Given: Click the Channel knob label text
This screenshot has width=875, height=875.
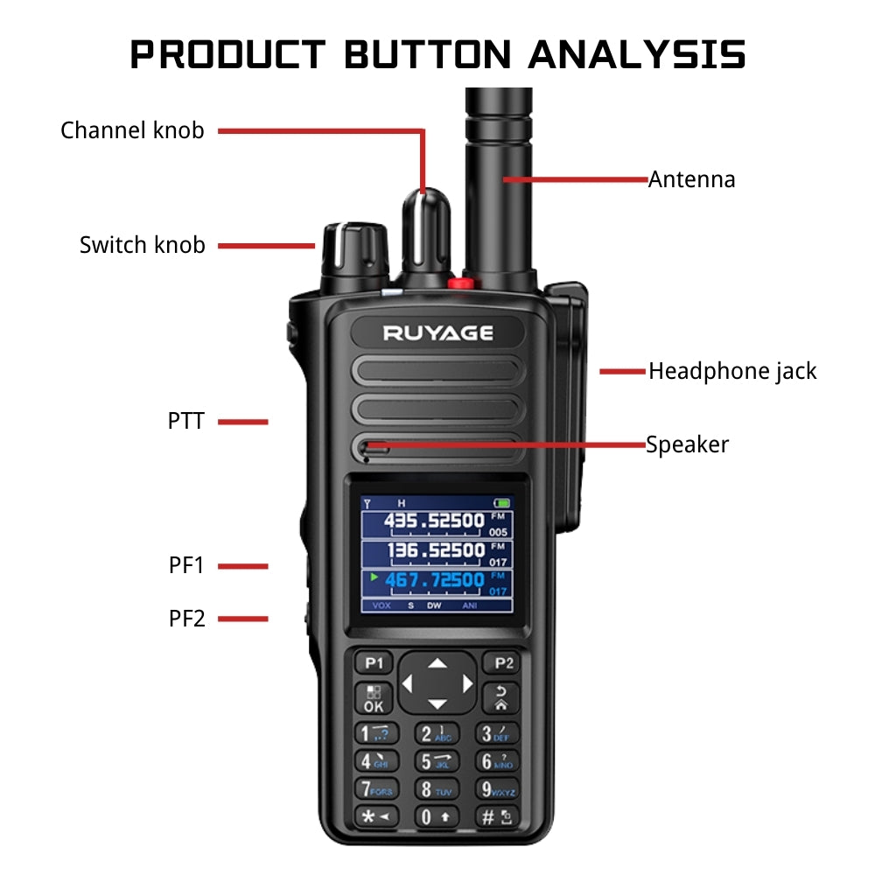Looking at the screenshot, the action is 132,131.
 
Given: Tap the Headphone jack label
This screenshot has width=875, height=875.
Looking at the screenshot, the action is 731,371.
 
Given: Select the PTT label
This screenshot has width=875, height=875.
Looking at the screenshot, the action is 185,422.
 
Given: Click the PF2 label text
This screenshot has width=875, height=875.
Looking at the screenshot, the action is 186,619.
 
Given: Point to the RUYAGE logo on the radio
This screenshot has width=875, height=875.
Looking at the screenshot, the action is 437,332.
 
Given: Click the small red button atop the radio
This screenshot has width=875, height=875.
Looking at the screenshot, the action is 458,283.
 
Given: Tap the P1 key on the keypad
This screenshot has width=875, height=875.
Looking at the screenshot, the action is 374,663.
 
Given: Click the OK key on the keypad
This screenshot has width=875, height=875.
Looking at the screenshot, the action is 374,698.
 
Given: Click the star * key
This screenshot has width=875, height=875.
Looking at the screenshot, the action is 374,818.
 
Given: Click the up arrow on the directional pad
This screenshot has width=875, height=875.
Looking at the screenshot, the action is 437,663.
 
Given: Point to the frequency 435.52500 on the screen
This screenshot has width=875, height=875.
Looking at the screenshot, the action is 434,522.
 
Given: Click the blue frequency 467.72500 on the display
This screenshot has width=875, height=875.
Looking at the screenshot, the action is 434,580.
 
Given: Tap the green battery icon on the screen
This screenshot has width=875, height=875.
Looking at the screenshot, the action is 501,503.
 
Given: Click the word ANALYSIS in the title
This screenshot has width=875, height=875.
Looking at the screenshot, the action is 637,54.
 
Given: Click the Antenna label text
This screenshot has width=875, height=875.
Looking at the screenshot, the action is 691,180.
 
